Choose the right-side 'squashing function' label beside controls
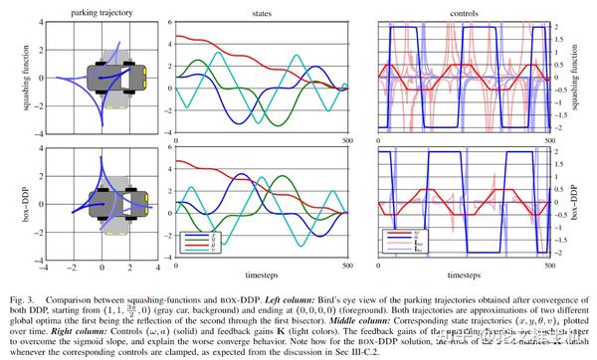[x=589, y=76]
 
